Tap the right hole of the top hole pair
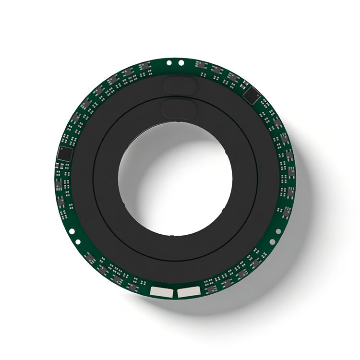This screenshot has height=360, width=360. coord(181,62)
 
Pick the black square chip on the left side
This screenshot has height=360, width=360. coord(64,154)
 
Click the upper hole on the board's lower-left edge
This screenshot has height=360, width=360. coord(72,231)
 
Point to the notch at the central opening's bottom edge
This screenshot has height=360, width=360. coord(174,234)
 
